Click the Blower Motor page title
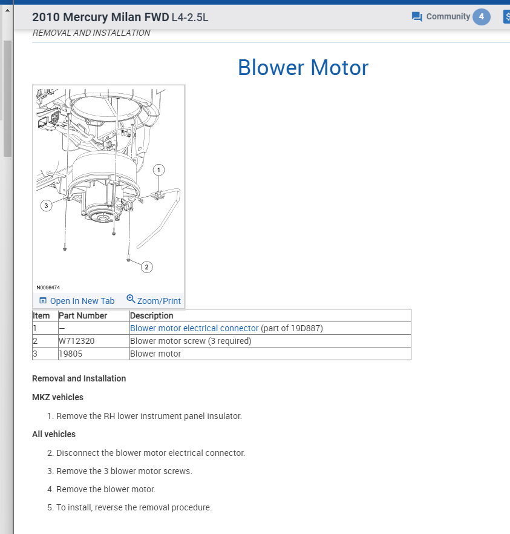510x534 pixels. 303,67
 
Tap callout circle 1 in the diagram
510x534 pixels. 159,170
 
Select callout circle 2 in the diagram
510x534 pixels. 146,267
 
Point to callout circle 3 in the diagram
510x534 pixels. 46,206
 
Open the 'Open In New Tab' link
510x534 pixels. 77,301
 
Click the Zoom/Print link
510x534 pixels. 154,300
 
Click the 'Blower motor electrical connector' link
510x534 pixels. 194,328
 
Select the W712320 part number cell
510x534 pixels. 77,341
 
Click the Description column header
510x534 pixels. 152,315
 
